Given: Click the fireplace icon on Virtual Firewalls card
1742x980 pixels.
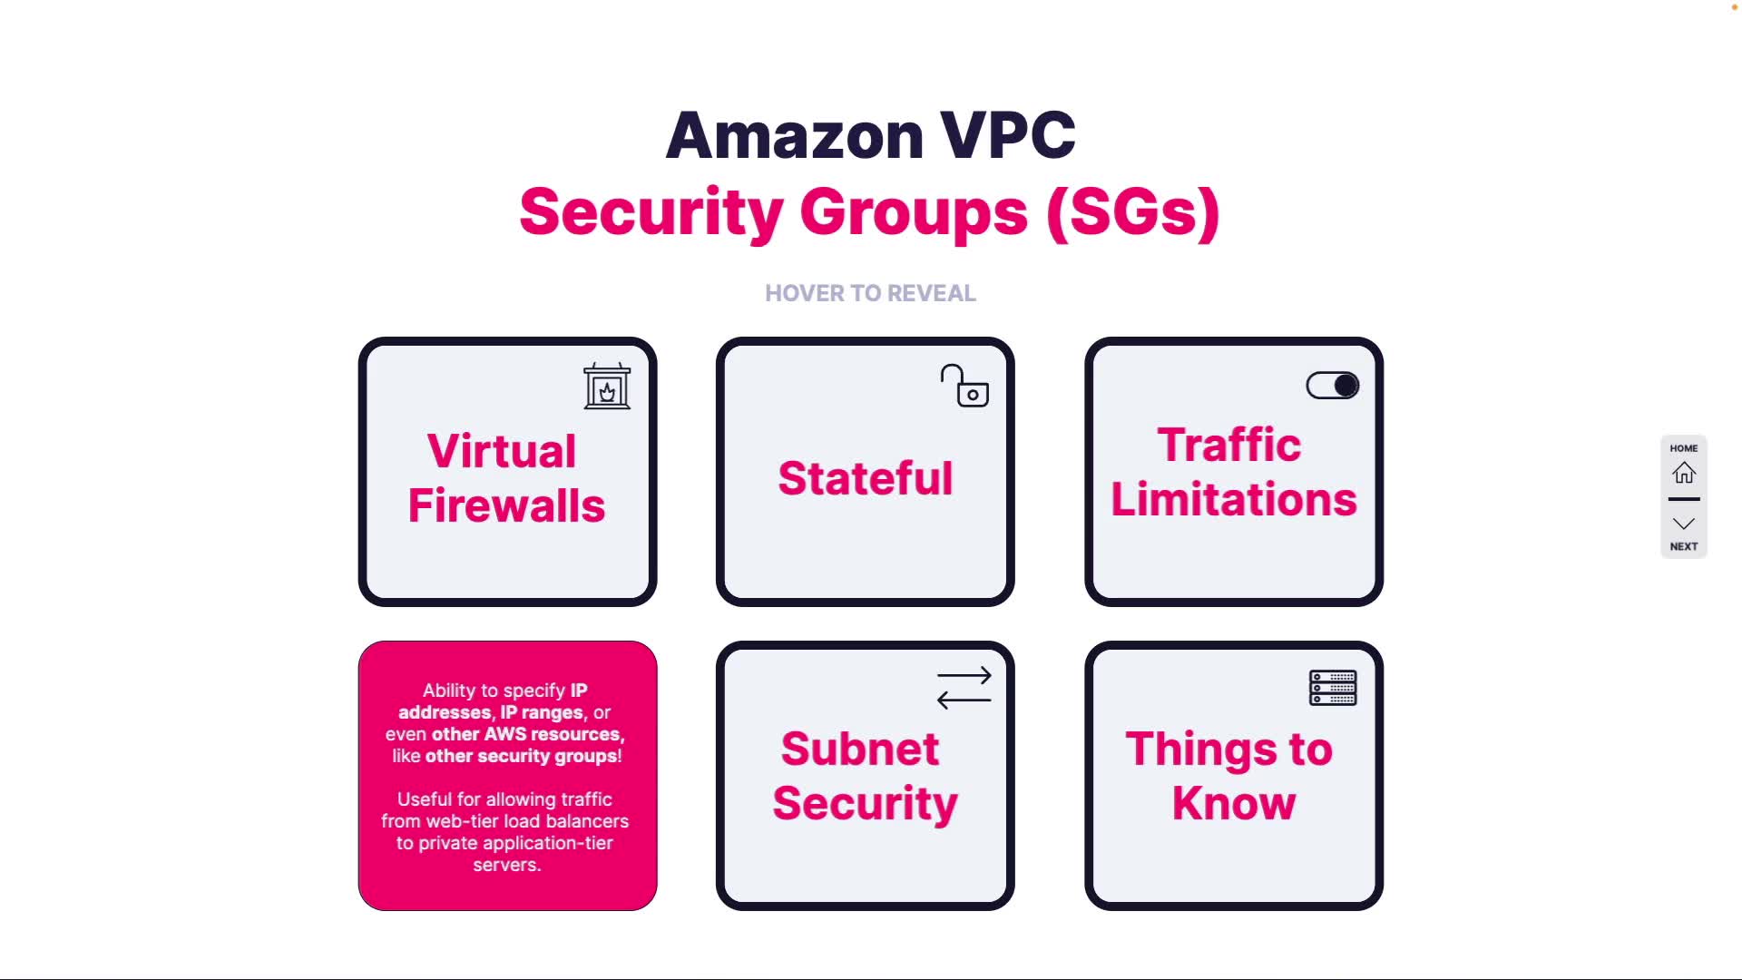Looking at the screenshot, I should click(607, 387).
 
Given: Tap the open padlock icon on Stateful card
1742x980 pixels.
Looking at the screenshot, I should click(964, 387).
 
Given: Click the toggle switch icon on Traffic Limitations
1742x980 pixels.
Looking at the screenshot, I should click(1332, 386).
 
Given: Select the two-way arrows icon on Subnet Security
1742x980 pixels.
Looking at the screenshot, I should click(964, 688).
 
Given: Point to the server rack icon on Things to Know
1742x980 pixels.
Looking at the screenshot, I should click(1332, 688).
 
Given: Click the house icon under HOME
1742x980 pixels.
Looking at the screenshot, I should click(1684, 473).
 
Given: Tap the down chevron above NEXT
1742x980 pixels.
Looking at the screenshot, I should click(1684, 524).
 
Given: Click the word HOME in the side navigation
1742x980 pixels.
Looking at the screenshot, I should click(1684, 448).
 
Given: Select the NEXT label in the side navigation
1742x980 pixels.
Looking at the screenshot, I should click(1684, 546).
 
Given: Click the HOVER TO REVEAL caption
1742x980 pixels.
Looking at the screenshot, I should click(870, 293).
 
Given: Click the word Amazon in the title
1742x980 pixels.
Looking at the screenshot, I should click(795, 136).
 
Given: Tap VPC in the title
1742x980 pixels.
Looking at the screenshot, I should click(1007, 136).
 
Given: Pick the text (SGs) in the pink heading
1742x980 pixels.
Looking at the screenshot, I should click(1132, 212).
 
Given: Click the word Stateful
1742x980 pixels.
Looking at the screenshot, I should click(866, 478).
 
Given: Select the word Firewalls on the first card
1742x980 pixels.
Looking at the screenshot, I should click(506, 505).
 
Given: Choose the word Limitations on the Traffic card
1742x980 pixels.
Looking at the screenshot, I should click(1234, 499).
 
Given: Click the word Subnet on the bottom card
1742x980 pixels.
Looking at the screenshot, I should click(860, 749).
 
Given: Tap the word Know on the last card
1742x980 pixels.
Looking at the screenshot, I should click(1234, 803).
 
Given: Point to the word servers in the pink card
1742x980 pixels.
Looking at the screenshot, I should click(506, 865).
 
